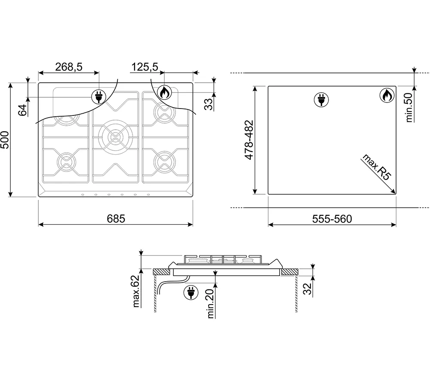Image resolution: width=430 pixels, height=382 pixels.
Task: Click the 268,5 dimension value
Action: pyautogui.click(x=69, y=67)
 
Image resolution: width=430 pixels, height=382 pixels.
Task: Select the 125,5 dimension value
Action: pyautogui.click(x=144, y=67)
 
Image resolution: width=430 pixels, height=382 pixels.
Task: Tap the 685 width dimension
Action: pyautogui.click(x=116, y=219)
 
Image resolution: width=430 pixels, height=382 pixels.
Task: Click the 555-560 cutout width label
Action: pyautogui.click(x=332, y=219)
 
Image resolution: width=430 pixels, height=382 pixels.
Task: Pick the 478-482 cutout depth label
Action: pyautogui.click(x=249, y=140)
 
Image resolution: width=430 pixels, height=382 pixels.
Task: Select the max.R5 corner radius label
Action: pyautogui.click(x=377, y=167)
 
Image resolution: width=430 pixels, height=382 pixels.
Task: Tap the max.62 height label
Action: pyautogui.click(x=136, y=291)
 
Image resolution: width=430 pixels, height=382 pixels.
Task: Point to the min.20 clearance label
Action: pyautogui.click(x=211, y=304)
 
